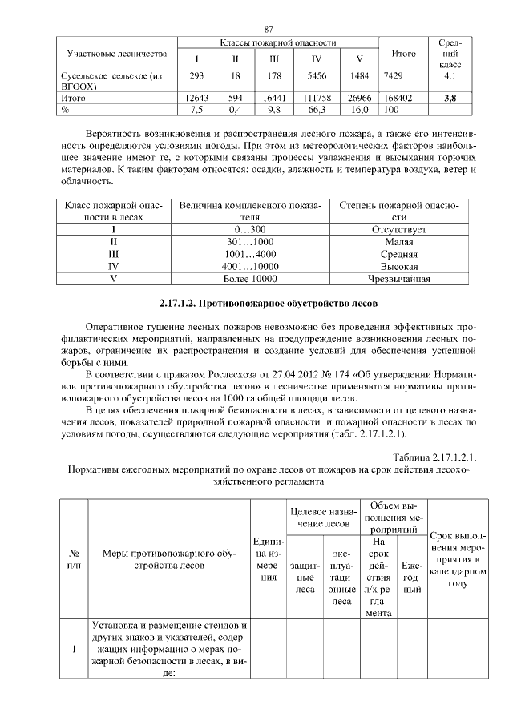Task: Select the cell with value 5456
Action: click(x=317, y=75)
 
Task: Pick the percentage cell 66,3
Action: click(x=317, y=109)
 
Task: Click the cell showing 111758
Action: click(x=317, y=98)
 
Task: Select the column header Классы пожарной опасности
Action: click(x=277, y=42)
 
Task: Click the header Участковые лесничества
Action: click(x=117, y=53)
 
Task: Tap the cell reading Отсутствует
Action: click(x=398, y=229)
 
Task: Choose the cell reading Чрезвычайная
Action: click(x=398, y=279)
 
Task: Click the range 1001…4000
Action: click(x=250, y=254)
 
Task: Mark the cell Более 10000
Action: click(x=250, y=279)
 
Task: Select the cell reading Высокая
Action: click(x=398, y=266)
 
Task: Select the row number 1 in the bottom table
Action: click(x=74, y=649)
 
